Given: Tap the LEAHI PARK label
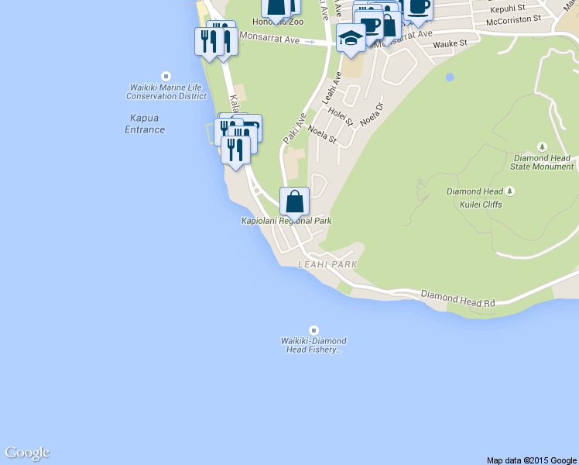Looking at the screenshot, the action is (x=327, y=264).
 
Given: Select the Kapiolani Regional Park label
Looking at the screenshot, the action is (x=286, y=221).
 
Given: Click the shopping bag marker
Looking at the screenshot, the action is (x=294, y=201).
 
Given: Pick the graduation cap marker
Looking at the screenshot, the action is (x=351, y=38).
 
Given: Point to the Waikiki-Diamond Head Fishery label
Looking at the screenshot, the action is (x=313, y=345).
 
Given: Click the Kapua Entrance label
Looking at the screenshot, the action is (x=145, y=124).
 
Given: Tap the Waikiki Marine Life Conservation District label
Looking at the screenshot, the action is (x=167, y=91).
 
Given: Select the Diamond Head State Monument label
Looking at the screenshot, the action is (x=542, y=161).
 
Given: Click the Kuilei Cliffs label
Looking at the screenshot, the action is (x=481, y=205).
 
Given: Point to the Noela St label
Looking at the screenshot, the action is (x=322, y=134).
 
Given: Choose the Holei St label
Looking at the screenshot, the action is (x=341, y=117).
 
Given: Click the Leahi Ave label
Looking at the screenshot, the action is (x=331, y=88).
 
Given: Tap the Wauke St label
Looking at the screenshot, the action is (x=451, y=45).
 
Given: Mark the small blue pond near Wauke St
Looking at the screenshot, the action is (x=449, y=77).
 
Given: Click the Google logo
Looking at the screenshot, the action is (x=27, y=453).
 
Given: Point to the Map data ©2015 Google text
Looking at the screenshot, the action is (x=532, y=460).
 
